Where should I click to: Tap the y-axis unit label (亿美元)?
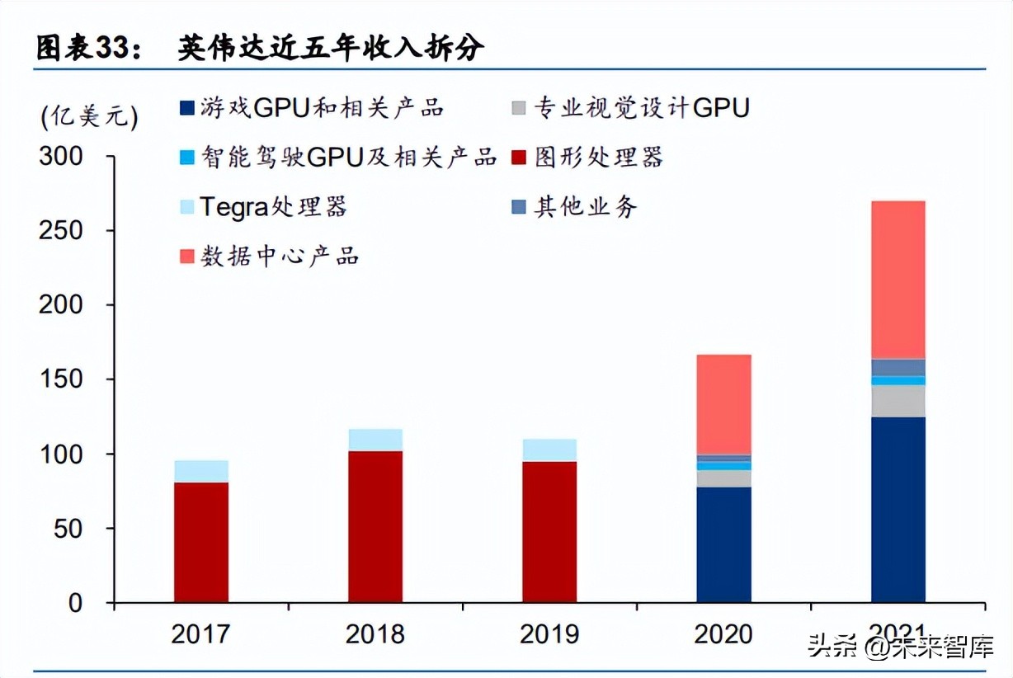point(89,116)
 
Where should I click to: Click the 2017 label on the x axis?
point(200,633)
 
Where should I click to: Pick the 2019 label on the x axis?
point(549,633)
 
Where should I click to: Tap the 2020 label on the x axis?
point(723,633)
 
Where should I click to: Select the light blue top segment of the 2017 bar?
point(201,471)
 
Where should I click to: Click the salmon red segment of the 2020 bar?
point(723,404)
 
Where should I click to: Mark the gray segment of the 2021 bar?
point(898,401)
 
